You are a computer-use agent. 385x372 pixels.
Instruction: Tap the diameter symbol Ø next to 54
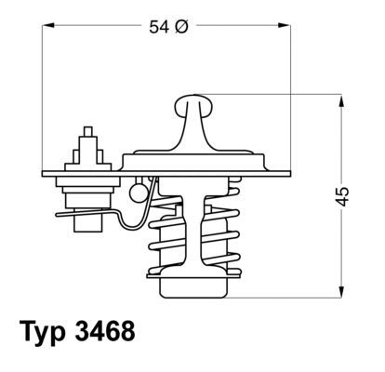tap(181, 28)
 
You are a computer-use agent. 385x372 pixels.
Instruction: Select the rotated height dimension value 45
tap(342, 196)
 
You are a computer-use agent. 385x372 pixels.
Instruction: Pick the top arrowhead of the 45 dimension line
tap(335, 98)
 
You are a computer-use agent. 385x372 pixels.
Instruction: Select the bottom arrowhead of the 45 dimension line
tap(335, 292)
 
